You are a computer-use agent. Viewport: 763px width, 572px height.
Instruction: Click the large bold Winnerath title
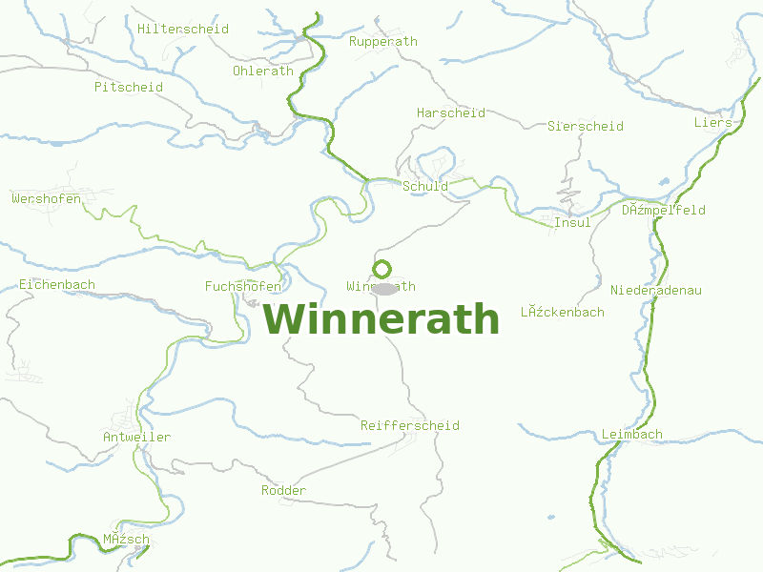click(x=381, y=319)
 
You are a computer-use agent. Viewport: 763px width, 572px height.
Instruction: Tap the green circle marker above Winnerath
click(x=382, y=269)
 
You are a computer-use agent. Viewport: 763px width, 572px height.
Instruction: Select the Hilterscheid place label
click(x=183, y=30)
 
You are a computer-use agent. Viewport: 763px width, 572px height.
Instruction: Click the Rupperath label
click(x=383, y=42)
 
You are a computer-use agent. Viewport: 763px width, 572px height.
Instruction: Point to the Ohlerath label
click(x=263, y=71)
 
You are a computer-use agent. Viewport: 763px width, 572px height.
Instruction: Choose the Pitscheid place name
click(x=129, y=88)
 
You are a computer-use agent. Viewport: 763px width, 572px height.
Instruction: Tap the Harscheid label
click(x=451, y=113)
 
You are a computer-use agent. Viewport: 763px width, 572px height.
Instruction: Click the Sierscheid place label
click(x=586, y=127)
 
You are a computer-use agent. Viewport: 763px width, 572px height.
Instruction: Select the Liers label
click(x=713, y=123)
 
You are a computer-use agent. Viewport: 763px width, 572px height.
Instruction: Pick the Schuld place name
click(x=425, y=187)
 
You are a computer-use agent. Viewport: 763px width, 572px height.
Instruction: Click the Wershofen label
click(x=47, y=199)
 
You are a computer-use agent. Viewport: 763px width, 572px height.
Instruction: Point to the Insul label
click(x=572, y=223)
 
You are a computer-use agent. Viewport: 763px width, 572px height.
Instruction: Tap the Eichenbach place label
click(x=57, y=285)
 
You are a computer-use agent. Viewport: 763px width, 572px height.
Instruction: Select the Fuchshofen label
click(x=243, y=287)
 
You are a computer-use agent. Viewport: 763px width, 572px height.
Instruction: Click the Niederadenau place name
click(x=656, y=291)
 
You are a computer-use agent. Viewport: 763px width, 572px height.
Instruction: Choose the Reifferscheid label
click(x=410, y=426)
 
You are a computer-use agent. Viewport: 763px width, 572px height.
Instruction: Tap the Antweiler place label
click(x=136, y=438)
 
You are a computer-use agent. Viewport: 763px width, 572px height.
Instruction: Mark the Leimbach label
click(x=632, y=435)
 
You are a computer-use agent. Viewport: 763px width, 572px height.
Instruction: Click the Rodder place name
click(x=284, y=491)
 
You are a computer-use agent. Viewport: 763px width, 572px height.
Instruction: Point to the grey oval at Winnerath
click(x=383, y=288)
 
